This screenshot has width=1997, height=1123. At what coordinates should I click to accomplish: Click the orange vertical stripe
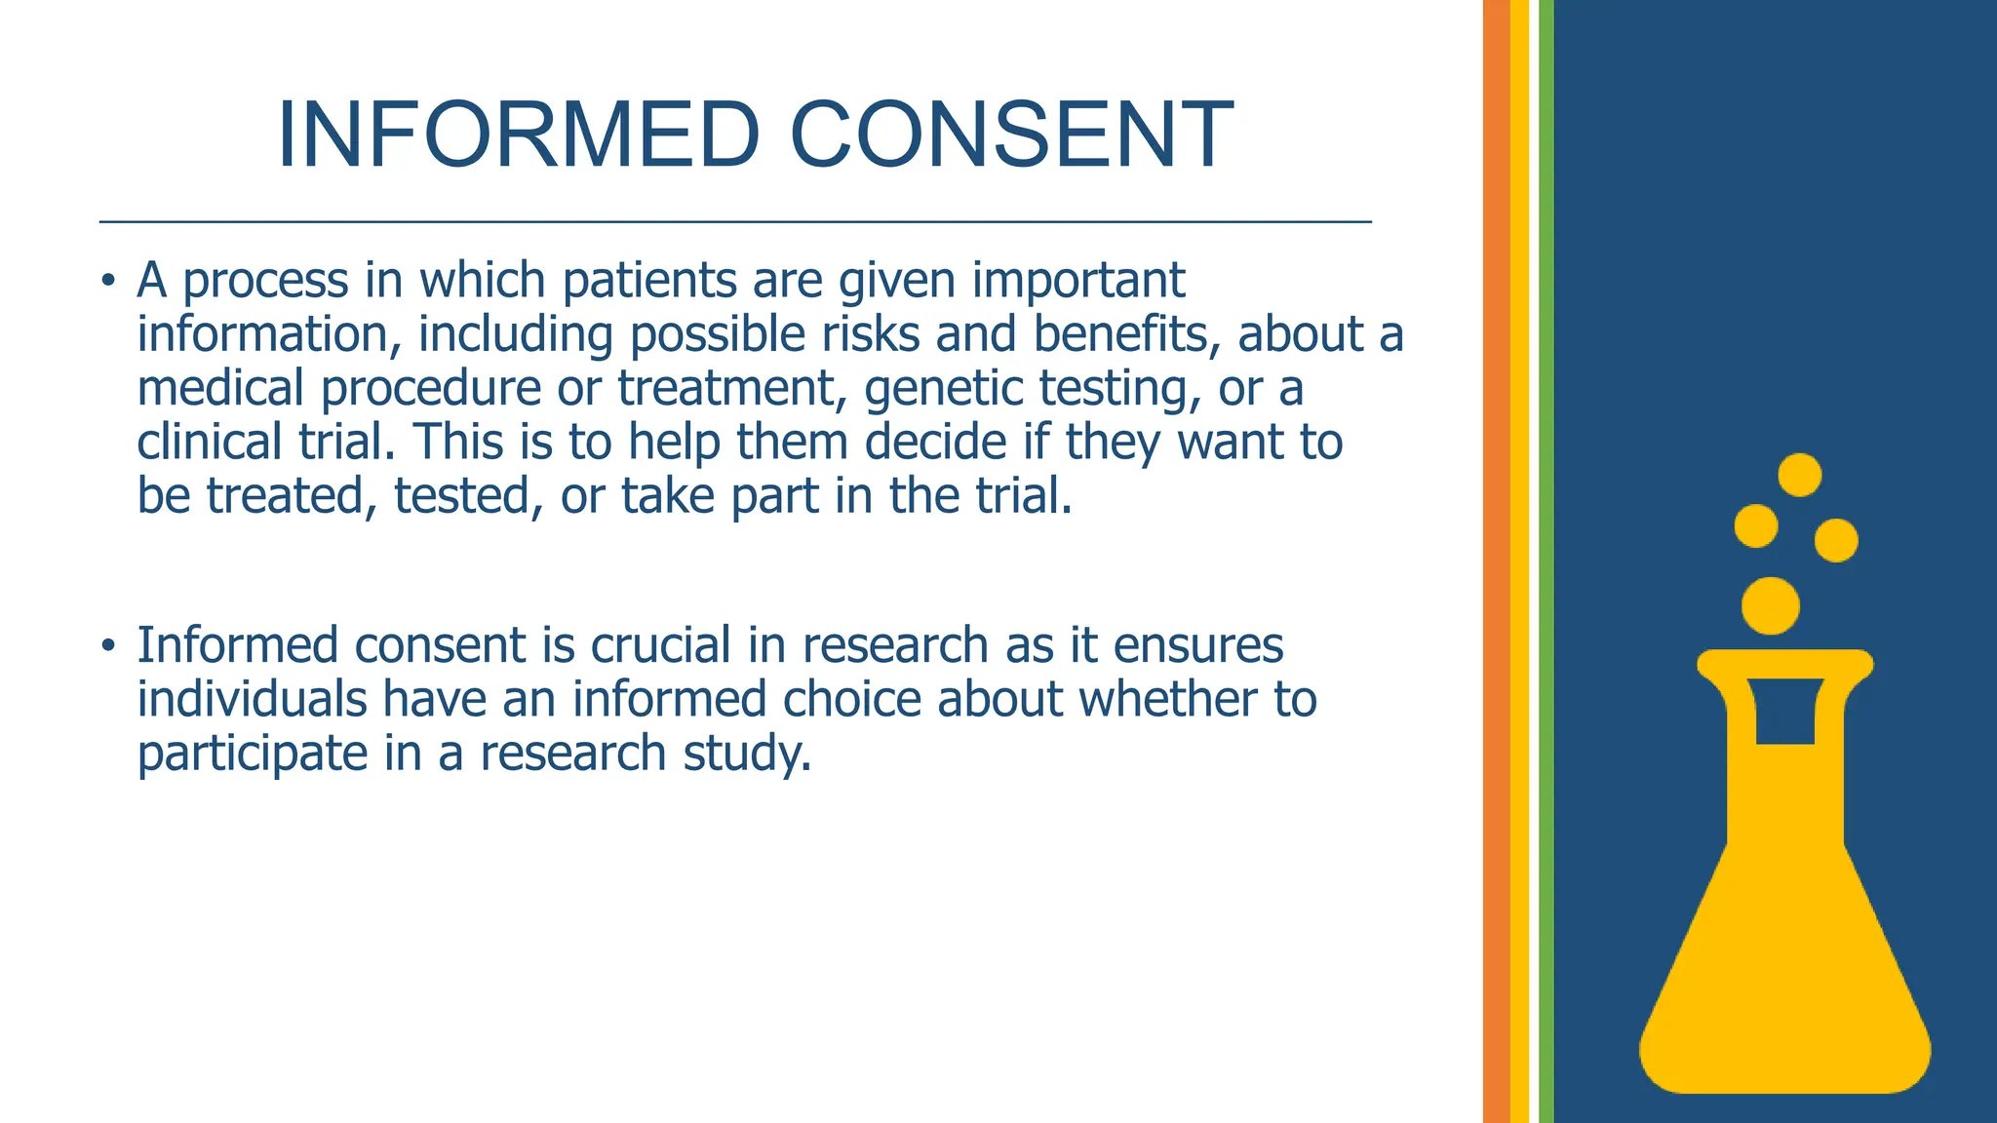click(1496, 561)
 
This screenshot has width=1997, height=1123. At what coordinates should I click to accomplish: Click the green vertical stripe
click(1546, 561)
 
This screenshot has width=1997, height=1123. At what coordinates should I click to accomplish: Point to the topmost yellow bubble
click(1799, 475)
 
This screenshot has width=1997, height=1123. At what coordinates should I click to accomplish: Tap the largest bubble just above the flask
click(1770, 605)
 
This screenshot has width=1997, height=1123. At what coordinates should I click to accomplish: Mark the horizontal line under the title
click(735, 222)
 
